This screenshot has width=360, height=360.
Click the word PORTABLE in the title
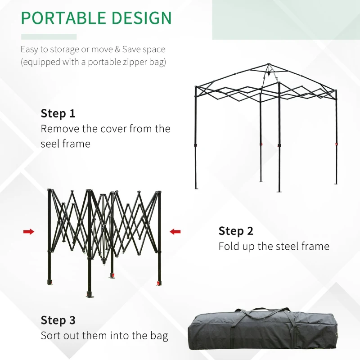(x=63, y=18)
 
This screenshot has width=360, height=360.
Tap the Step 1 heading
(x=58, y=113)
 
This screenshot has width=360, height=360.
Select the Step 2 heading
(x=236, y=231)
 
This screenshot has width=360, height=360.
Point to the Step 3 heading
(x=58, y=320)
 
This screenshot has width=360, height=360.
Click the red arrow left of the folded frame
(x=29, y=232)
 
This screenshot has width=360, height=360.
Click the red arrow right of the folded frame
(x=175, y=232)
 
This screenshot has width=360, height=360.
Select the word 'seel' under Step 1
(x=51, y=144)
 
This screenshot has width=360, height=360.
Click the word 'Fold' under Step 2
(x=229, y=247)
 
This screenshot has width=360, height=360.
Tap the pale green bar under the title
(x=49, y=37)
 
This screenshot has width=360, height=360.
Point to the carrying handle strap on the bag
(x=265, y=310)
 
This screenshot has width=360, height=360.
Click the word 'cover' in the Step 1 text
(x=112, y=129)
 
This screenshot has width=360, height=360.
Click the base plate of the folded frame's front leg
(x=90, y=295)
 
